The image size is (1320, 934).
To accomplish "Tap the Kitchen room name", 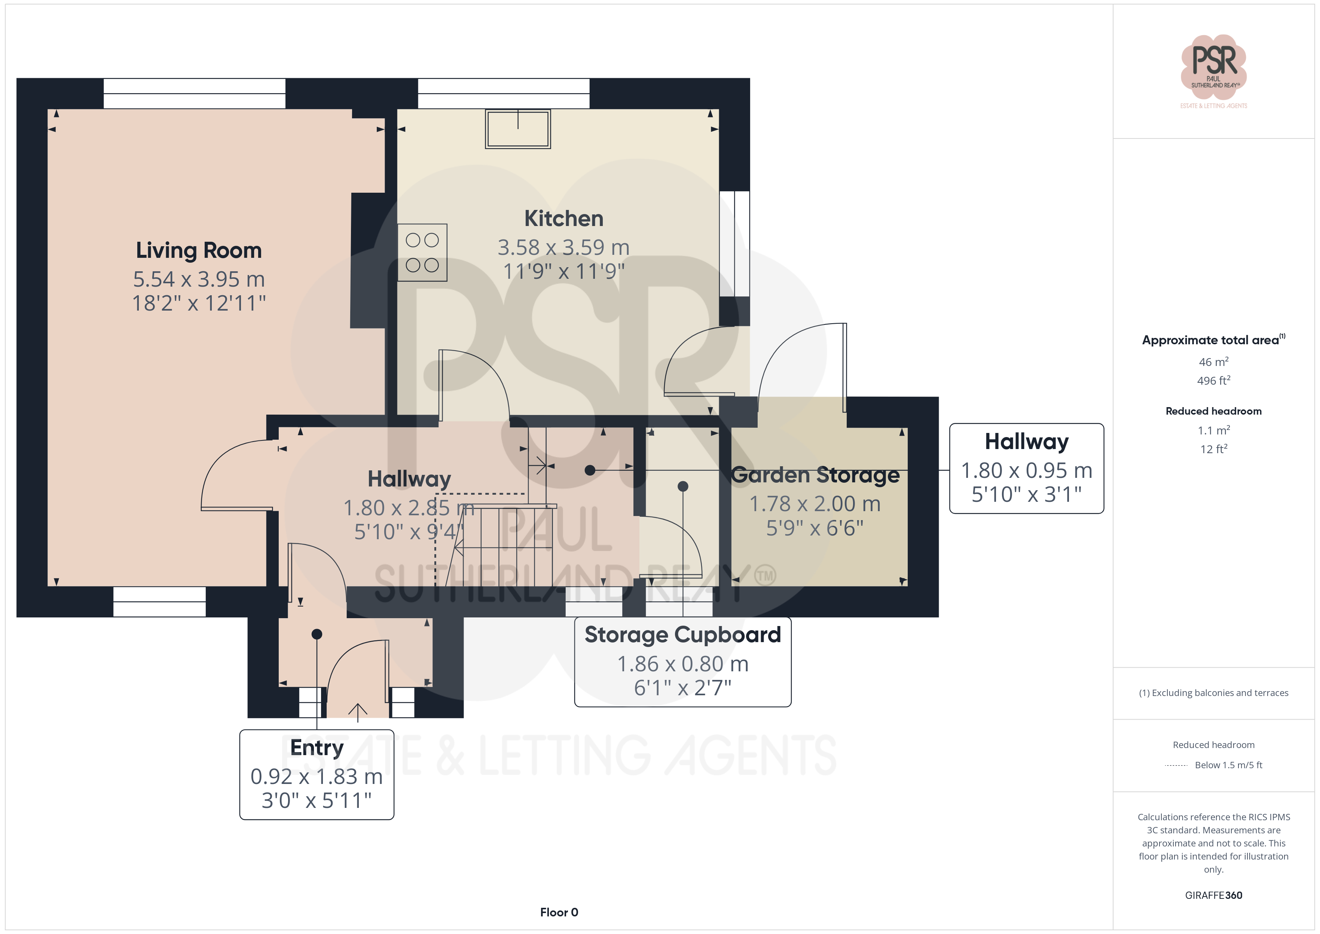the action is pos(563,219).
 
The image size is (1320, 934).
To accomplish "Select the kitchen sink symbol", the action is pos(517,129).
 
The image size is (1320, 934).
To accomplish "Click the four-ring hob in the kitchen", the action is pos(422,253).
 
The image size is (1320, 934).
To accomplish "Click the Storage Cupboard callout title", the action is pos(682,634).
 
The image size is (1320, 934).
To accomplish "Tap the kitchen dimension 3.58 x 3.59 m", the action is pos(563,247).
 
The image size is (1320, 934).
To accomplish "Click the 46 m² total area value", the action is pos(1214,362).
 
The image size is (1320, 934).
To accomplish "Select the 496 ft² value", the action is pos(1214,381).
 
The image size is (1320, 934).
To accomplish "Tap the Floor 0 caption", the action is pos(559,912).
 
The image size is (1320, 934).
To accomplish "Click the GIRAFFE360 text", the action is pos(1214,895).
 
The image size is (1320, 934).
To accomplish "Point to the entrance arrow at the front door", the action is pos(358,712).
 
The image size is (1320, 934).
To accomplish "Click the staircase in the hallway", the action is pos(506,545).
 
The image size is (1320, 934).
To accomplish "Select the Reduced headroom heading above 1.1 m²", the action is pos(1214,411).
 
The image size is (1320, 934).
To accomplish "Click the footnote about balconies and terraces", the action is pos(1214,693).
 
